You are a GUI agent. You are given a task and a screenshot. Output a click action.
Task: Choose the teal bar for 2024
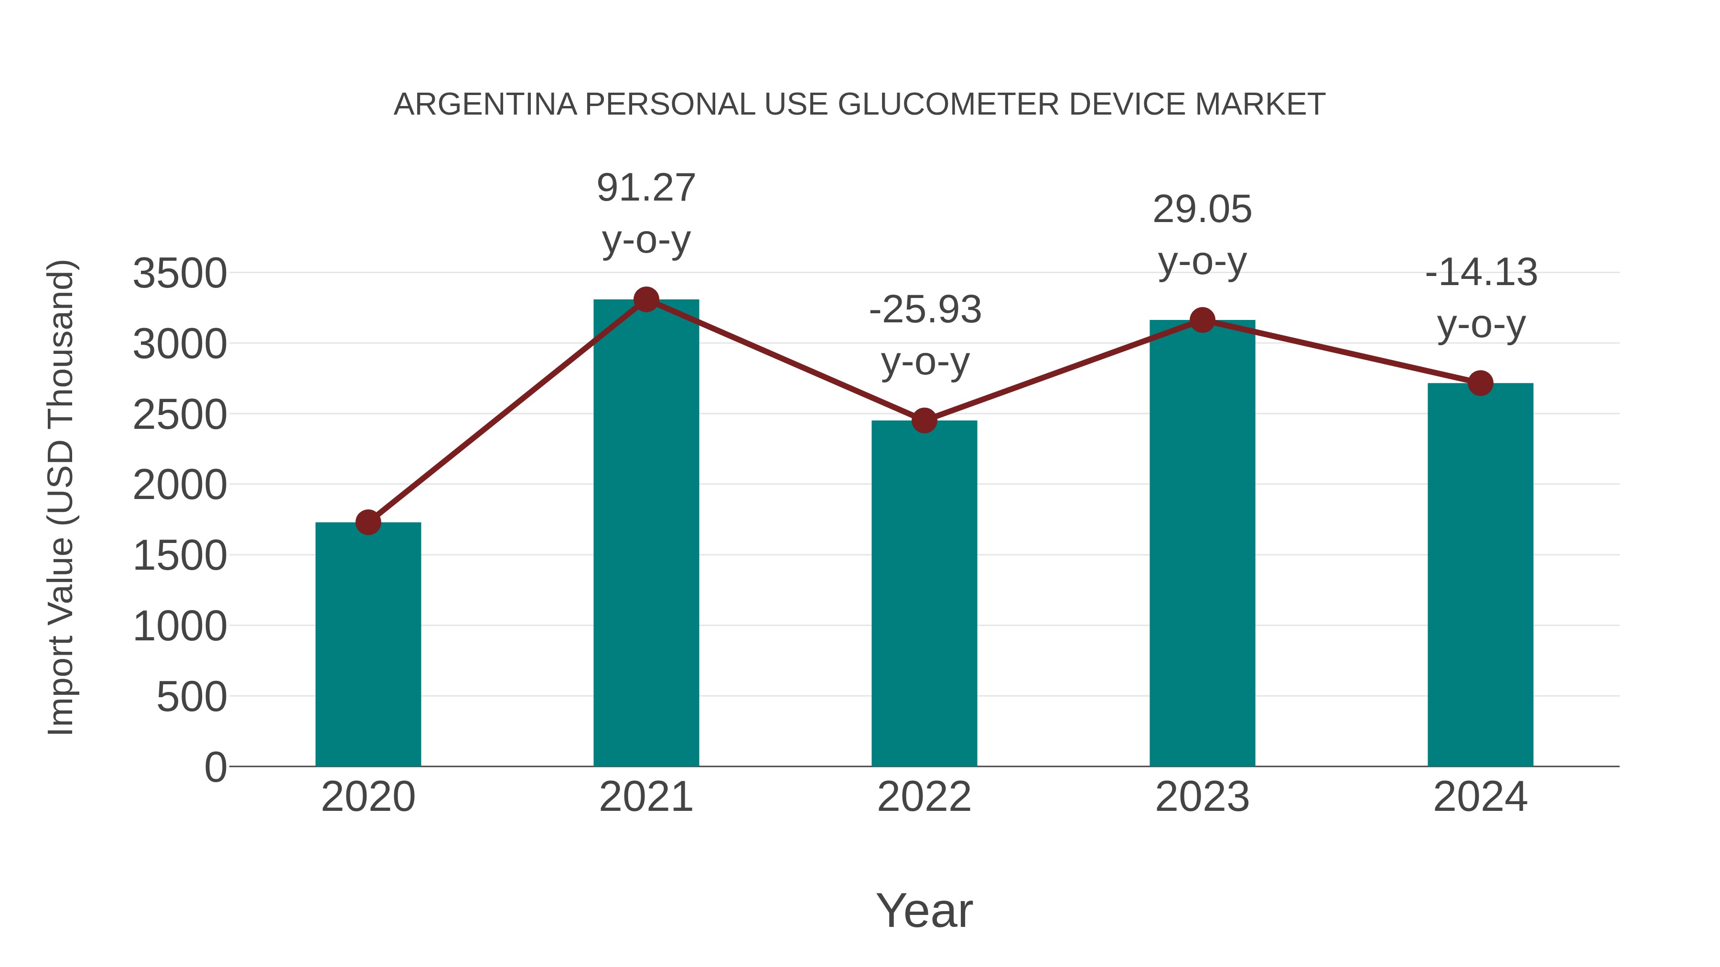click(x=1480, y=574)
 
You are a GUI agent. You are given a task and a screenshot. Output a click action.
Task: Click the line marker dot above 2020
click(x=368, y=522)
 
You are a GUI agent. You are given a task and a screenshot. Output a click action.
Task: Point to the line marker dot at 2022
click(x=924, y=420)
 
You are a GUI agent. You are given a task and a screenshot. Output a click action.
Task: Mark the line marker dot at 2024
click(x=1480, y=383)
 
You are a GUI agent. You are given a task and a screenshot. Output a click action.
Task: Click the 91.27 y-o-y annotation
click(x=645, y=213)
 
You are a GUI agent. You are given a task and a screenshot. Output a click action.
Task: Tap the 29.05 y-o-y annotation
click(x=1202, y=235)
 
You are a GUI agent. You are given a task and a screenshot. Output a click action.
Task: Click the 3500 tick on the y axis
click(x=180, y=274)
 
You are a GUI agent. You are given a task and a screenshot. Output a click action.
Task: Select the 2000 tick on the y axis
click(x=180, y=485)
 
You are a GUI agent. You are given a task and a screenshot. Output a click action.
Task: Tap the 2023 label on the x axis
click(x=1202, y=797)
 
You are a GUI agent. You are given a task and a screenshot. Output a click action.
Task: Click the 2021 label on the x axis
click(x=645, y=797)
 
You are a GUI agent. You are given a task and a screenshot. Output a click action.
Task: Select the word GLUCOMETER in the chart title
click(x=948, y=105)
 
